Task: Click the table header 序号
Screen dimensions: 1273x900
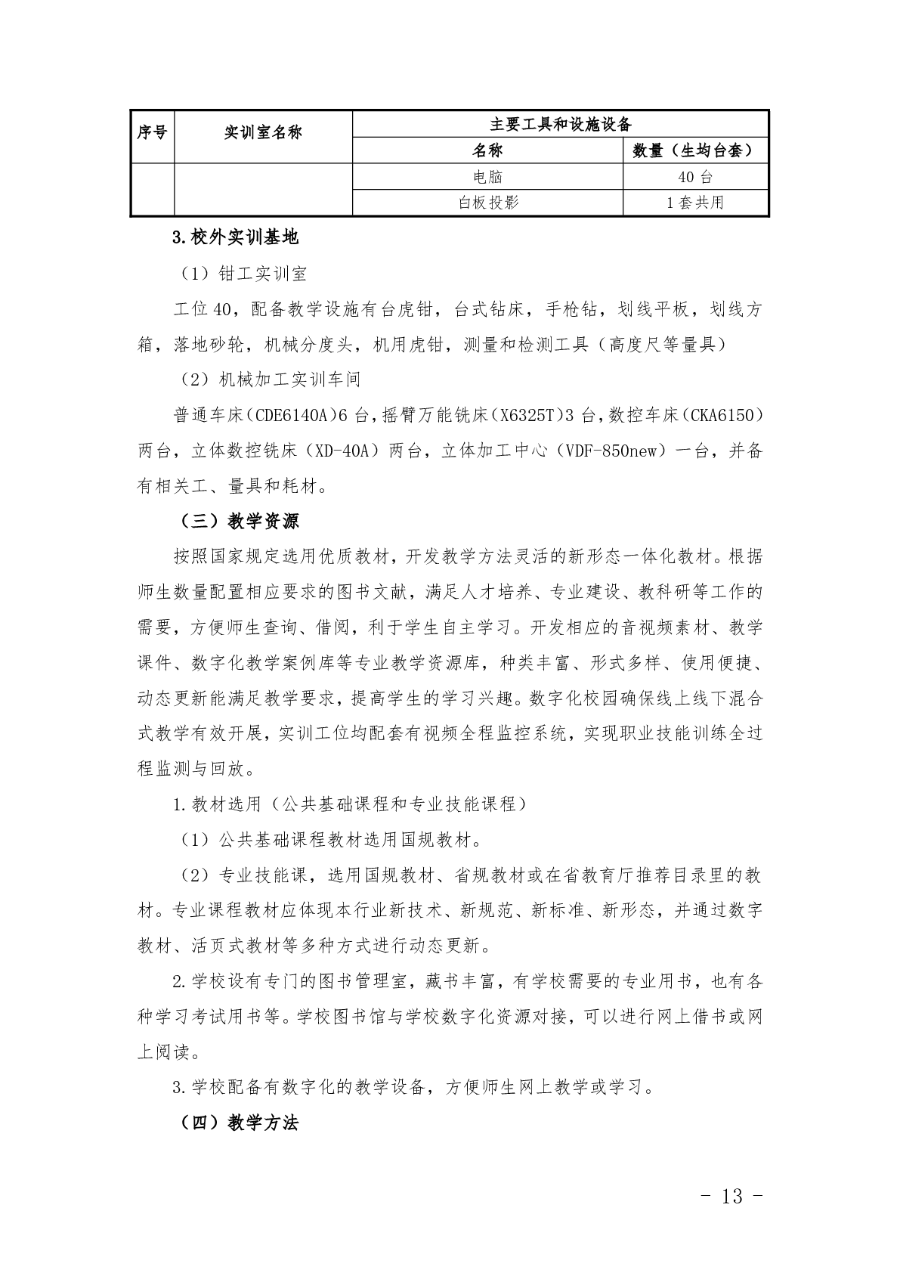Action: click(152, 133)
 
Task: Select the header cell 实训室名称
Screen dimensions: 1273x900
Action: click(263, 133)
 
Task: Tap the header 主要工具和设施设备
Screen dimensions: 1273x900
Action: click(560, 124)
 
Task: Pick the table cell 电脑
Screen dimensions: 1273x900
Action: click(487, 177)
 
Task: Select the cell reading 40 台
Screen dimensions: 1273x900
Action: click(695, 177)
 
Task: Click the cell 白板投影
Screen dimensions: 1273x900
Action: click(487, 202)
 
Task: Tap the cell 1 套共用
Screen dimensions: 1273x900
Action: click(695, 202)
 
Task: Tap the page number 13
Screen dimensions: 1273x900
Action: click(732, 1196)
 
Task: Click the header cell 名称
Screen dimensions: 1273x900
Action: click(487, 150)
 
